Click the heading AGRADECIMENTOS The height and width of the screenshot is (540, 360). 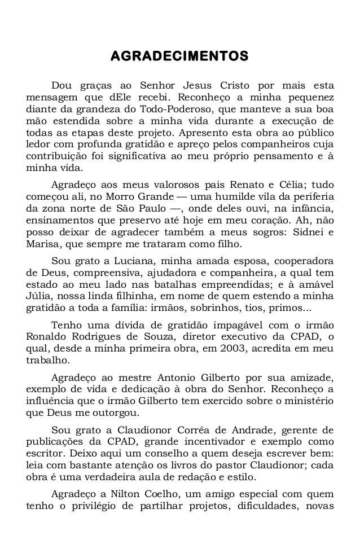click(x=180, y=56)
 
